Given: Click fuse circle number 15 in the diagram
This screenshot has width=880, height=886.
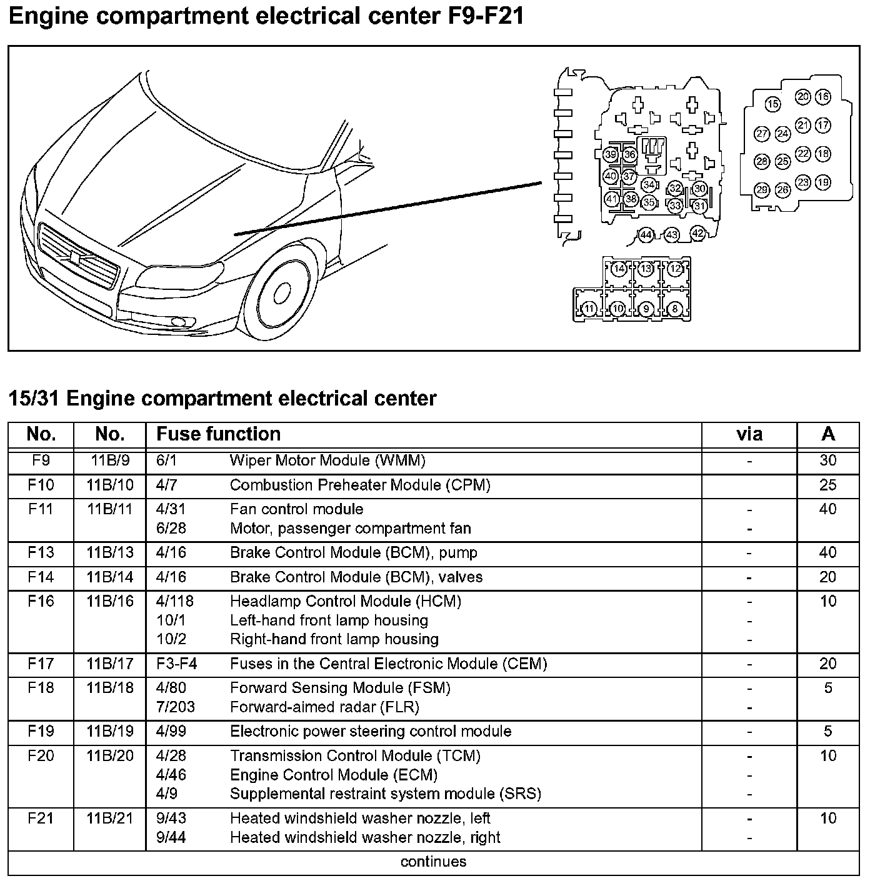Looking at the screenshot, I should pyautogui.click(x=773, y=104).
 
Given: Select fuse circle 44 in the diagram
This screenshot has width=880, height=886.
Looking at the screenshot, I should pyautogui.click(x=646, y=236).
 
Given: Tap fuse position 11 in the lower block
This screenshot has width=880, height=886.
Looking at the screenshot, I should pyautogui.click(x=589, y=309).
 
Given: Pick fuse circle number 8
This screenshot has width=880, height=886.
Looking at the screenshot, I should pyautogui.click(x=675, y=309).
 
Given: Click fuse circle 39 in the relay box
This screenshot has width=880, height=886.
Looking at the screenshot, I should pyautogui.click(x=611, y=155).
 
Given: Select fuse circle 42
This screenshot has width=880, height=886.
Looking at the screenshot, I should pyautogui.click(x=697, y=234).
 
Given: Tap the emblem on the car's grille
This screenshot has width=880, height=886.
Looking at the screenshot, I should pyautogui.click(x=74, y=257).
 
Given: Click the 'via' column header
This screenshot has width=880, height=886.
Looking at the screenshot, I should pyautogui.click(x=749, y=434).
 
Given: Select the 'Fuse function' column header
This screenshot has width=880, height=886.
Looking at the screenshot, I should pyautogui.click(x=218, y=434).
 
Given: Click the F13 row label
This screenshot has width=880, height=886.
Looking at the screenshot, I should pyautogui.click(x=41, y=553).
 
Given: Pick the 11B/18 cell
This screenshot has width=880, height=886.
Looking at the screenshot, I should pyautogui.click(x=110, y=689).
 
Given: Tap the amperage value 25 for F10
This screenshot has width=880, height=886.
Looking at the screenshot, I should pyautogui.click(x=827, y=485).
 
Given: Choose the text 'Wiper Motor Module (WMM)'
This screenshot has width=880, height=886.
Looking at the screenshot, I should pyautogui.click(x=327, y=461).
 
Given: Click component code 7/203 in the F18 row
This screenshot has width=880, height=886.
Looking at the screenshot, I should pyautogui.click(x=176, y=707).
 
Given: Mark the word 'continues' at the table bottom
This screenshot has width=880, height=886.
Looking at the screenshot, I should pyautogui.click(x=433, y=862).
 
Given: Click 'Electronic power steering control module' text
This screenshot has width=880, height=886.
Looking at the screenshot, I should pyautogui.click(x=371, y=732).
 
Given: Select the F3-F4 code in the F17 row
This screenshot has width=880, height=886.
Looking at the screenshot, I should pyautogui.click(x=177, y=664).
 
